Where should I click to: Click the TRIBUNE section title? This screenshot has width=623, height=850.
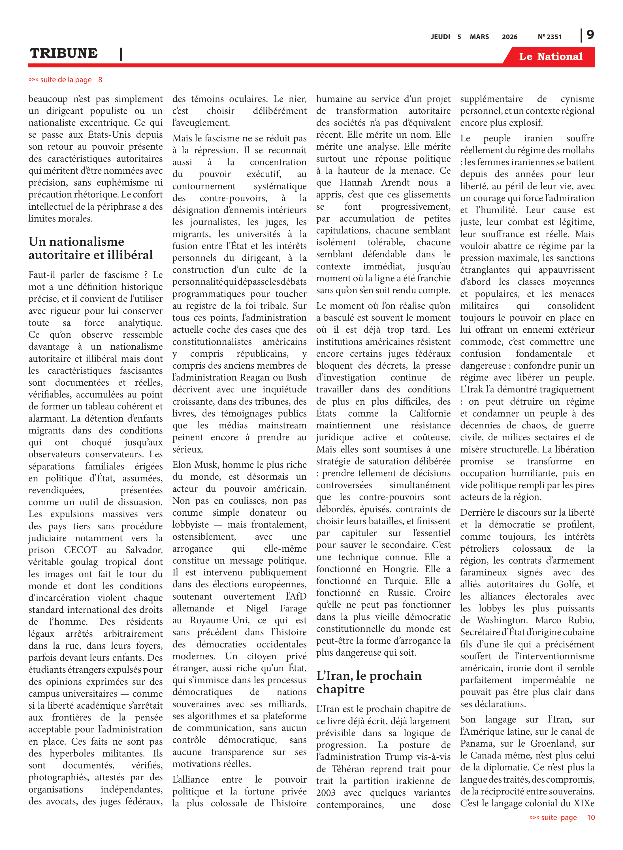pos(64,53)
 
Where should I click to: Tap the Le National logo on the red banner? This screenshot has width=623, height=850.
pos(550,57)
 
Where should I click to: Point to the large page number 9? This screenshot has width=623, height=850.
pos(590,35)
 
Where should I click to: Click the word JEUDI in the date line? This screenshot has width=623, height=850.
pos(440,37)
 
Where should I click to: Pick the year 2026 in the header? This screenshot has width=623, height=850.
pos(509,37)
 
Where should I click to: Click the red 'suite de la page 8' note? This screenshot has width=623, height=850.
pos(65,80)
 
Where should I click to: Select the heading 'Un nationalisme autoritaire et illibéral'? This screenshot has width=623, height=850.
pos(91,248)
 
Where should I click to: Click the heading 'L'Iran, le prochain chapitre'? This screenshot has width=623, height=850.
pos(368,682)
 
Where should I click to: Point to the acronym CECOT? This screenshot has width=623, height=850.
pos(80,550)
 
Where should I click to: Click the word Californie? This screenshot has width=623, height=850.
pos(430,413)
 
